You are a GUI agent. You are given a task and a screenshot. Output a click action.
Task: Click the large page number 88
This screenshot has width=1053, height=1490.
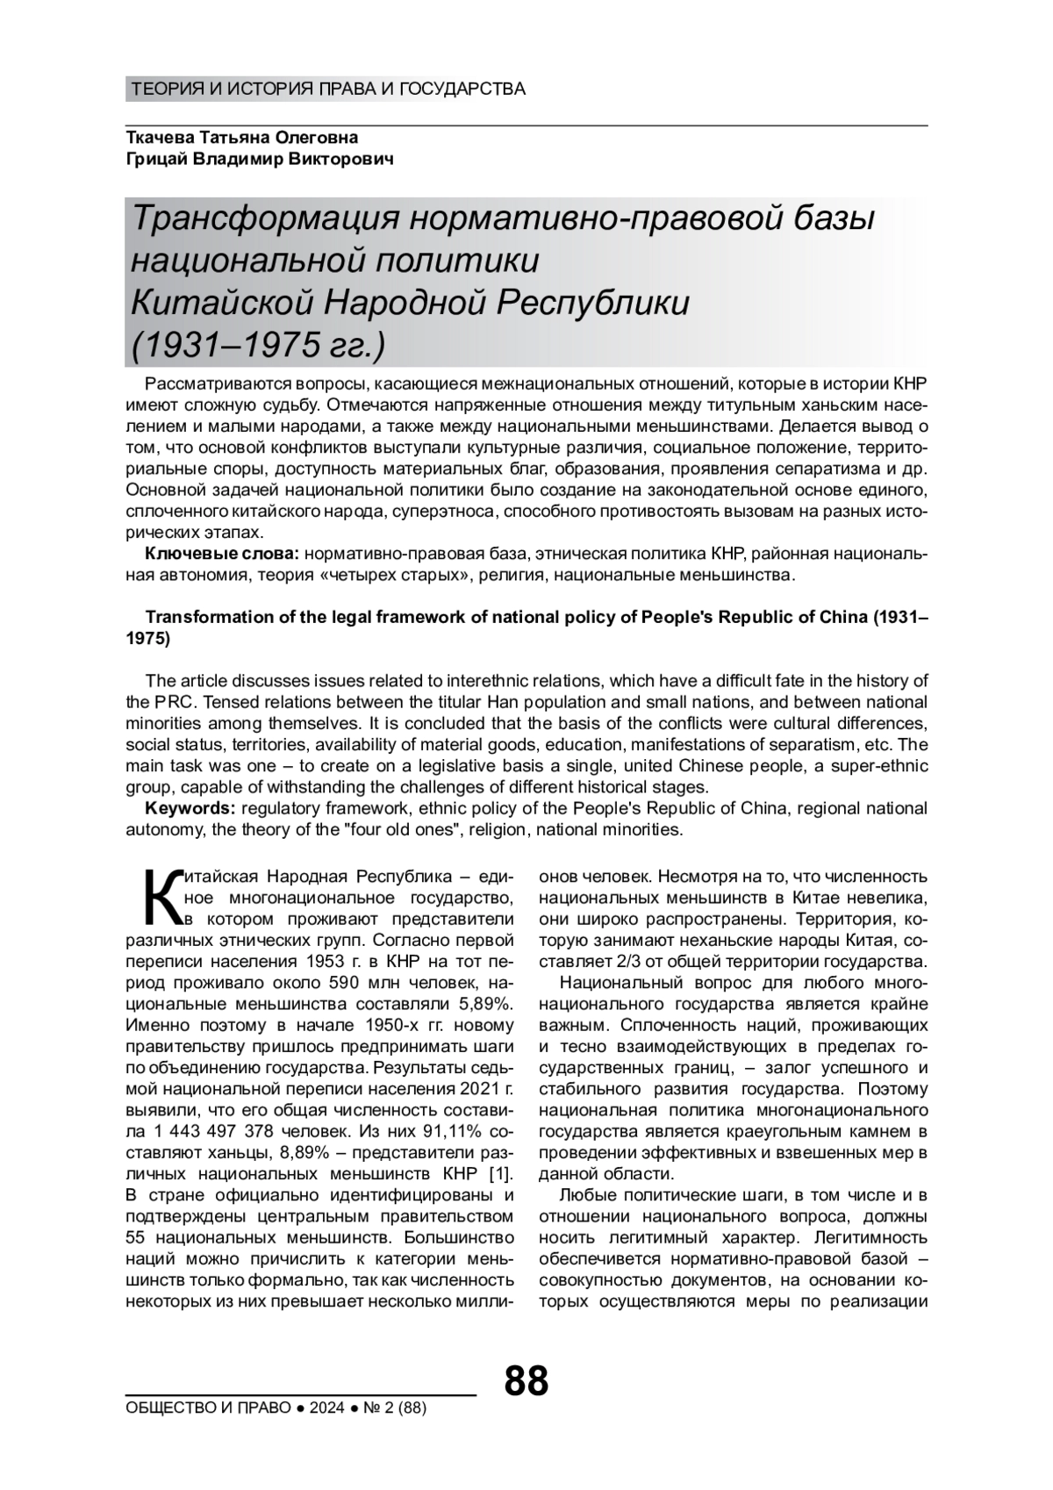click(x=526, y=1380)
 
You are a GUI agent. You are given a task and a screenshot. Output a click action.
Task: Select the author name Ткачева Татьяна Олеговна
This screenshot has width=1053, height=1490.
click(x=242, y=138)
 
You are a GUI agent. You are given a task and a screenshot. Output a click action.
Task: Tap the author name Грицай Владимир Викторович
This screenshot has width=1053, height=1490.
click(x=260, y=159)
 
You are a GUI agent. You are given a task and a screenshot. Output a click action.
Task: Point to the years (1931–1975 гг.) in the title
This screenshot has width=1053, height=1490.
click(x=257, y=346)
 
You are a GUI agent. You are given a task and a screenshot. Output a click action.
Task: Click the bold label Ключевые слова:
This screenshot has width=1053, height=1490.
click(x=223, y=554)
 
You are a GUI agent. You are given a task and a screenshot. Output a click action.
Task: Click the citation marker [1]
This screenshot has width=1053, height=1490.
click(x=498, y=1174)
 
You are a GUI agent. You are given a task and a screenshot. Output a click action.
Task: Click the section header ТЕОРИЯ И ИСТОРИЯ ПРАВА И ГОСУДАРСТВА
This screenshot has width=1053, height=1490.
click(x=327, y=89)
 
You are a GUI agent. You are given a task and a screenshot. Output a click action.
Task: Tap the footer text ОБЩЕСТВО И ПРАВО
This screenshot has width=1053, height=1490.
click(x=208, y=1408)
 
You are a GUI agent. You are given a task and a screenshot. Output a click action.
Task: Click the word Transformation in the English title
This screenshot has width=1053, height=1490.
click(x=201, y=617)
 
